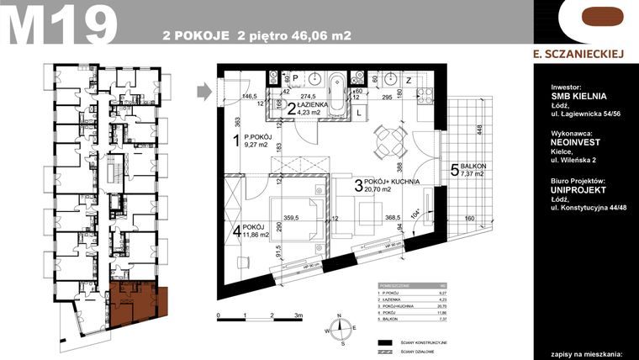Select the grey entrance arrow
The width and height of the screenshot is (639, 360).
point(202,89)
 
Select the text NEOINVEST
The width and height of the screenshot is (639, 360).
point(578,144)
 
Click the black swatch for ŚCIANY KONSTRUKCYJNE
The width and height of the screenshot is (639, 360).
point(386,343)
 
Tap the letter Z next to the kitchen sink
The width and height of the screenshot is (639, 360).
point(409,80)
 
